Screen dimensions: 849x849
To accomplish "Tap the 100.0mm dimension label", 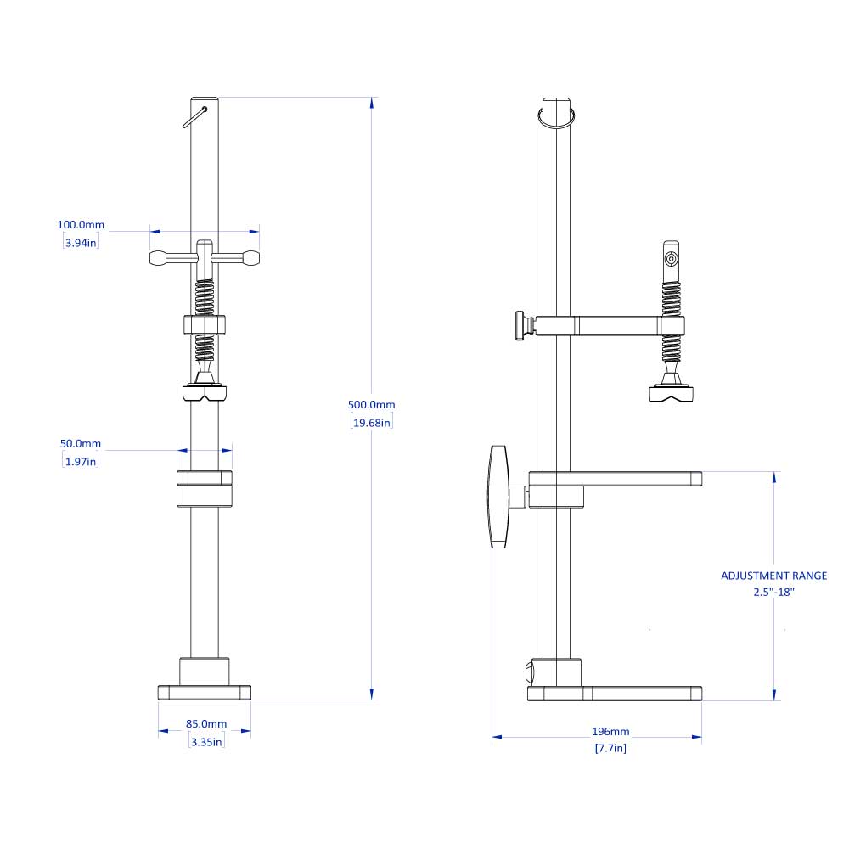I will pos(81,225).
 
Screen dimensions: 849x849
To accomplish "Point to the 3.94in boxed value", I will pos(81,243).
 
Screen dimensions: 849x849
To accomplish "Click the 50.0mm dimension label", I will pos(82,443).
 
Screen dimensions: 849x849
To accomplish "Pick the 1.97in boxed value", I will pos(81,461).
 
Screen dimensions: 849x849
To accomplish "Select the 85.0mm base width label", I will pos(205,724).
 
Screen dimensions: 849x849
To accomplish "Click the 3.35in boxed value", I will pos(205,741).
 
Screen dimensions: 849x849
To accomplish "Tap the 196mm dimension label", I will pos(610,731).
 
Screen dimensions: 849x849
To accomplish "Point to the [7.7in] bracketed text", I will pos(610,748).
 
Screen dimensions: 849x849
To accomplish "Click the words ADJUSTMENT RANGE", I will pos(773,576).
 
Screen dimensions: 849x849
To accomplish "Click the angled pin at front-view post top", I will pos(195,116).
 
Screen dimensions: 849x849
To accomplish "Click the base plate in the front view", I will pos(205,693).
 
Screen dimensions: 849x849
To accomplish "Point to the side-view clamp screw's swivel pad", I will pos(671,393).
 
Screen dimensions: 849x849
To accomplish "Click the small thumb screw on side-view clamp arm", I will pos(520,327).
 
